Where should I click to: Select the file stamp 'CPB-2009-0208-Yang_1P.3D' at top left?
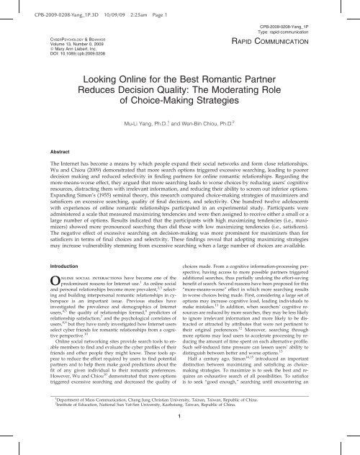coord(40,6)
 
